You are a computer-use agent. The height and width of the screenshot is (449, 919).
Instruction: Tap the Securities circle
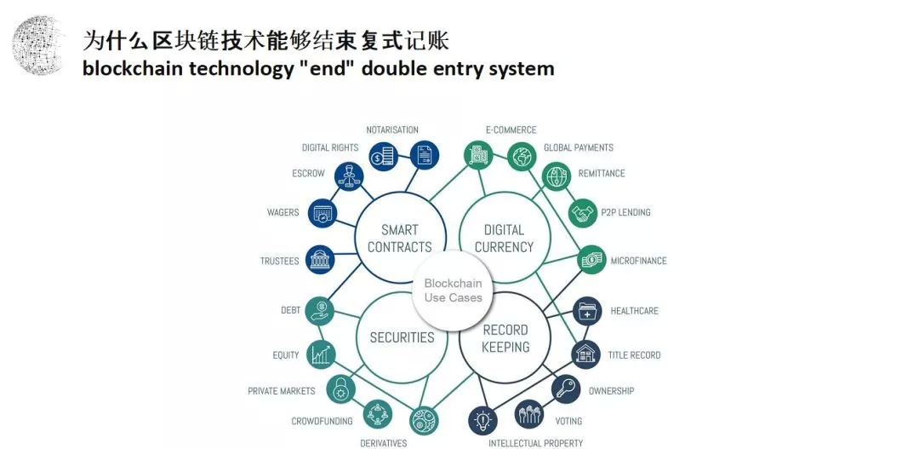pyautogui.click(x=402, y=337)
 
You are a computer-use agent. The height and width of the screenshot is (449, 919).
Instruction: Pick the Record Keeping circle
pyautogui.click(x=505, y=337)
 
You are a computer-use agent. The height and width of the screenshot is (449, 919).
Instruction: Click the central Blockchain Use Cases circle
pyautogui.click(x=453, y=291)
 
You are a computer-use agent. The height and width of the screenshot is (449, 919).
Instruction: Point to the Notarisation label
pyautogui.click(x=392, y=130)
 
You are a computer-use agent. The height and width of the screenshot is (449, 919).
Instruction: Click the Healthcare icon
pyautogui.click(x=588, y=311)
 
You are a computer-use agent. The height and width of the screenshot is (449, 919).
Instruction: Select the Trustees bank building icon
pyautogui.click(x=321, y=261)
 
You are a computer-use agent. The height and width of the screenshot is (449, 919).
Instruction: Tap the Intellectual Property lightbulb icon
pyautogui.click(x=483, y=420)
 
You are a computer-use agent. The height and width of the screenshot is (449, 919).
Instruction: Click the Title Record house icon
pyautogui.click(x=586, y=354)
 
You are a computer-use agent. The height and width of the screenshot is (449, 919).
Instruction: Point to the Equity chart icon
pyautogui.click(x=320, y=354)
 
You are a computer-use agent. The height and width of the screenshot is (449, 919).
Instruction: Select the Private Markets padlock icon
pyautogui.click(x=340, y=390)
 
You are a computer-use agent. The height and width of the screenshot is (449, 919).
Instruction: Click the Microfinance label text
pyautogui.click(x=638, y=261)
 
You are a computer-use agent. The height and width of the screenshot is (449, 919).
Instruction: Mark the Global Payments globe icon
pyautogui.click(x=521, y=156)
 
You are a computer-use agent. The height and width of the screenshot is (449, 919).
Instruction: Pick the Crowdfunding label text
pyautogui.click(x=323, y=422)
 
